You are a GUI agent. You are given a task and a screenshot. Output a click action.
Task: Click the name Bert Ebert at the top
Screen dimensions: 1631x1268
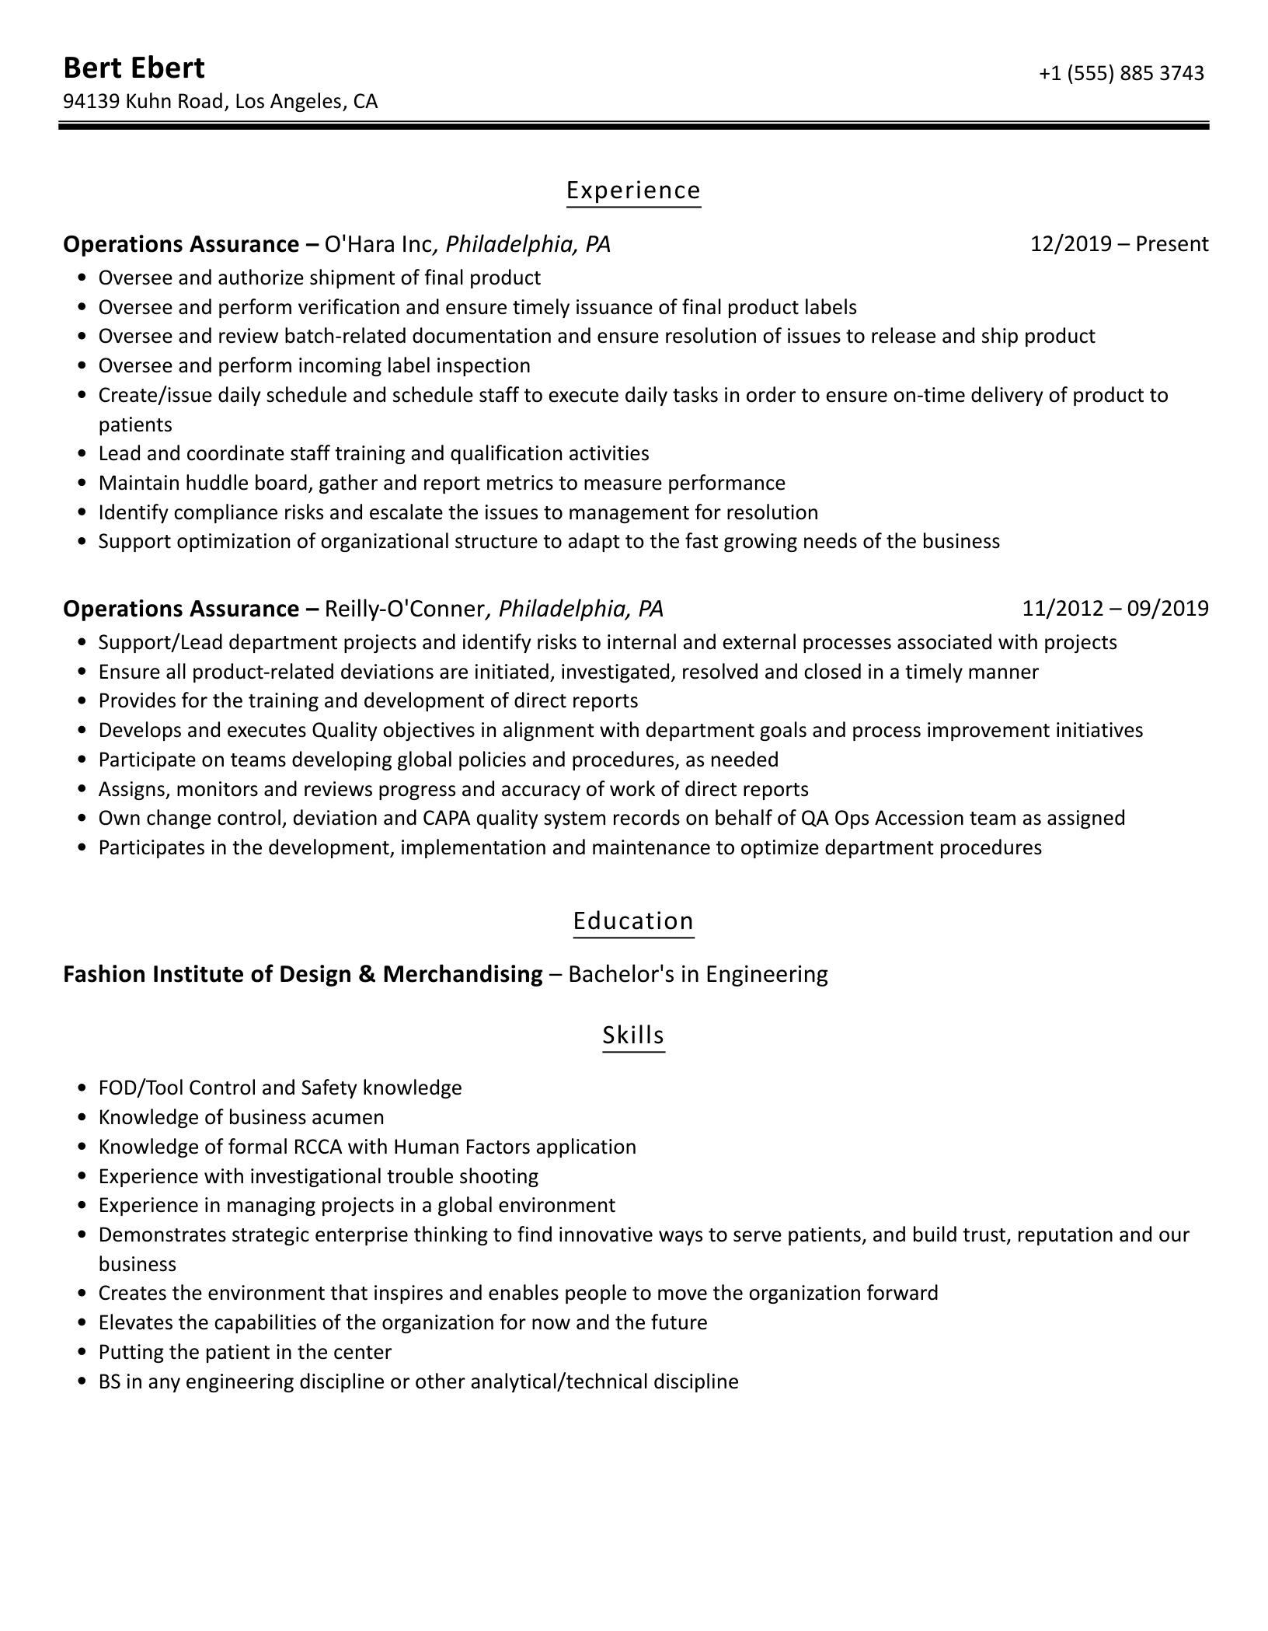point(134,68)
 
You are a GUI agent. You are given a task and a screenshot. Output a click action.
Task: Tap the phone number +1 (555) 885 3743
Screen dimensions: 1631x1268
point(1120,73)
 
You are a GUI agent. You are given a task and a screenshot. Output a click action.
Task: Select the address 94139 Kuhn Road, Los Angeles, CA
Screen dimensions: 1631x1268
point(220,102)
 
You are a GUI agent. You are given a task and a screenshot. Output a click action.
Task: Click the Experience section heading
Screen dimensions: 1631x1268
point(633,190)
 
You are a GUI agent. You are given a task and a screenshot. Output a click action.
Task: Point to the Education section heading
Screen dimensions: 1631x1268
point(633,921)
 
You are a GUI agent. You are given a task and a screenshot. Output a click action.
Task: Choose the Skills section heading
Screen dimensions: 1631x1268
point(633,1036)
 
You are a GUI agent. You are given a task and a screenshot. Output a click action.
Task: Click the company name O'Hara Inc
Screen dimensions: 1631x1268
point(378,245)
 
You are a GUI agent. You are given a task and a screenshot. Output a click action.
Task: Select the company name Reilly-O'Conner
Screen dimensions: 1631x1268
point(404,609)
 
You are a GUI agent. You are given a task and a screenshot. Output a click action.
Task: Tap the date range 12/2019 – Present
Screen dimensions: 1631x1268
point(1119,245)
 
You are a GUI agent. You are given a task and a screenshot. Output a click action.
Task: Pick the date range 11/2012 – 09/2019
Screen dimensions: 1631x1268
point(1115,609)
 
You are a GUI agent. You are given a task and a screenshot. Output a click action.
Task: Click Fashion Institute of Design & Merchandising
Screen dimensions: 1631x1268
point(302,974)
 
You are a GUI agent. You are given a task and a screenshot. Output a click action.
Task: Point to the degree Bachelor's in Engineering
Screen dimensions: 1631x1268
point(698,974)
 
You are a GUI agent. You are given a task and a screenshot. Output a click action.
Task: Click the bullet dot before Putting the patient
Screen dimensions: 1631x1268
point(82,1353)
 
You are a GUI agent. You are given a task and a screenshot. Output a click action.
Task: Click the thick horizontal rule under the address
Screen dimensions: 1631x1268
point(633,125)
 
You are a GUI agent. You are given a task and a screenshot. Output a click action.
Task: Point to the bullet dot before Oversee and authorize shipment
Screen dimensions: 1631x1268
point(82,278)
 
